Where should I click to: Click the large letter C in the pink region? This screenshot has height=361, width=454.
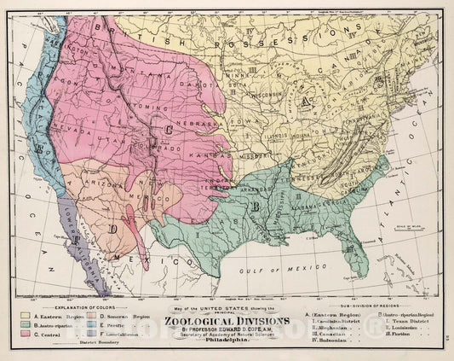170,131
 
